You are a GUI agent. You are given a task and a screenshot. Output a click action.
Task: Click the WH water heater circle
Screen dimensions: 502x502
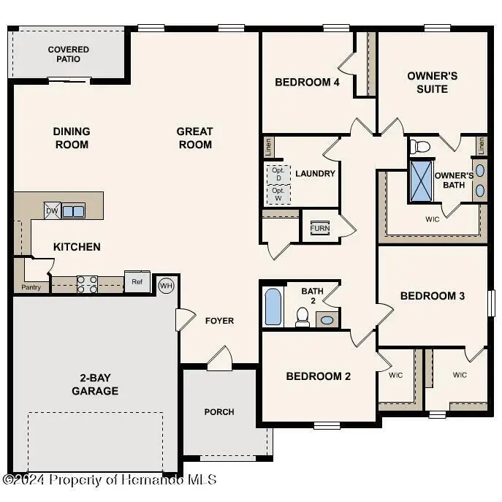[x=166, y=284]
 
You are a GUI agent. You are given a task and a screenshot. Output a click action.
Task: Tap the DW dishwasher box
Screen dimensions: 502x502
[x=52, y=210]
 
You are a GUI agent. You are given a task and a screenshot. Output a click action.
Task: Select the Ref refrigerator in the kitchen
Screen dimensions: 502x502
[x=137, y=282]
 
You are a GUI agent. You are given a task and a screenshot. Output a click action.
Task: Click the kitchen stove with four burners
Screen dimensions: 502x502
[x=88, y=283]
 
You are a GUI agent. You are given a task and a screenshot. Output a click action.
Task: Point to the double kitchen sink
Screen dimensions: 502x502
[x=73, y=211]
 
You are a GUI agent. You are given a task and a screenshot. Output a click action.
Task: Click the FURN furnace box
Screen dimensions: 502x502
[x=319, y=228]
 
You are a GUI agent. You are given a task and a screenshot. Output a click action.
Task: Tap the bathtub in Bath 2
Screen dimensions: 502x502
[x=273, y=307]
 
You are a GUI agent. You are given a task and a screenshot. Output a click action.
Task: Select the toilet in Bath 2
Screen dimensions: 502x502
[x=302, y=316]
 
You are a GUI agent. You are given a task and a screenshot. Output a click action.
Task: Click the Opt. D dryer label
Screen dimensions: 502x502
[x=278, y=174]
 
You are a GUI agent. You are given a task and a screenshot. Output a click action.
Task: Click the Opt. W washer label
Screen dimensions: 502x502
[x=278, y=194]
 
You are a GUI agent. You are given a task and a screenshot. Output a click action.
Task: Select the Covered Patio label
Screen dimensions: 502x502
[x=69, y=54]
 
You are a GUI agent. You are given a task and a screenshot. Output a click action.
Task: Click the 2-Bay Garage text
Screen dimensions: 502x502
[x=95, y=384]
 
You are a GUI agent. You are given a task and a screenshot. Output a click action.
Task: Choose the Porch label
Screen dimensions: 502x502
[x=219, y=411]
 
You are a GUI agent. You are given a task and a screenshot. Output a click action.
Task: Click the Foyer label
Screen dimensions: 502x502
[x=219, y=320]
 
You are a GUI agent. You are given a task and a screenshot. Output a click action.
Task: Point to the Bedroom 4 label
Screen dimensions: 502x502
[x=307, y=83]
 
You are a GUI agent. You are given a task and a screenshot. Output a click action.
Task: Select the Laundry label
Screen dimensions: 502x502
[x=315, y=173]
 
